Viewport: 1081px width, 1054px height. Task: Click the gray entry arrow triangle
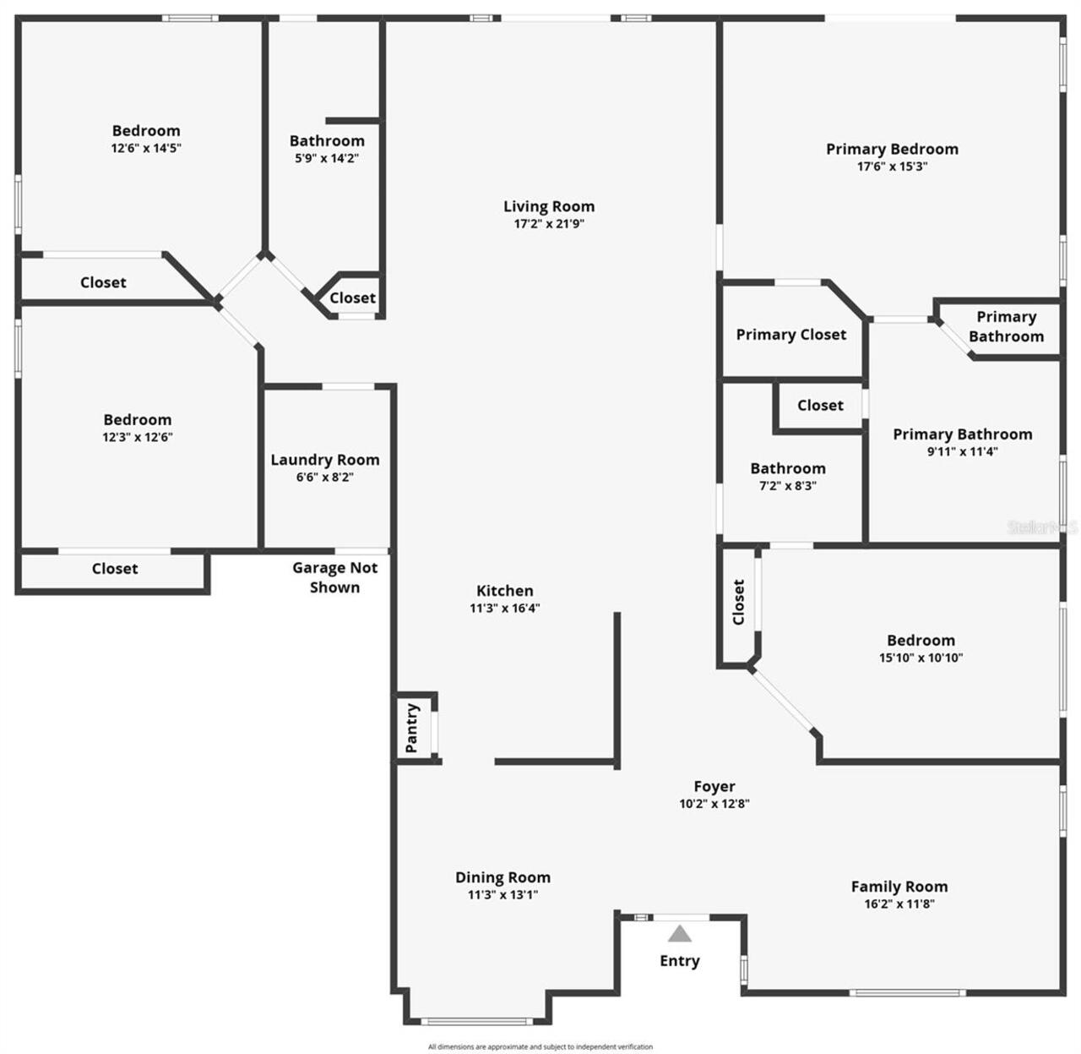click(x=680, y=934)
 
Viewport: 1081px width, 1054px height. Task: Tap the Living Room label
click(x=549, y=206)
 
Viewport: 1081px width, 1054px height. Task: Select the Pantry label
click(x=412, y=728)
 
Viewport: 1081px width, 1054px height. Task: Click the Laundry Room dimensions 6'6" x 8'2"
click(x=324, y=477)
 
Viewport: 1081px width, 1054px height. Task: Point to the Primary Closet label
click(x=790, y=335)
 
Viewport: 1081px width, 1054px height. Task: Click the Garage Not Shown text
click(x=334, y=577)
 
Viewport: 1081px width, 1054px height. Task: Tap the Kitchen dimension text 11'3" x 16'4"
click(x=505, y=608)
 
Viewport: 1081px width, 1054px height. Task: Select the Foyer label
click(x=714, y=786)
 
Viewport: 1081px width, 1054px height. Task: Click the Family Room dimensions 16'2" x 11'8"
click(x=899, y=904)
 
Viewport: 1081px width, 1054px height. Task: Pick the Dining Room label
click(x=502, y=877)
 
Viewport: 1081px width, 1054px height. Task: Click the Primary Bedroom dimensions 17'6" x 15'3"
click(x=892, y=167)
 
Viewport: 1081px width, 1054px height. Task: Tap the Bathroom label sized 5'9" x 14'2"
click(x=327, y=141)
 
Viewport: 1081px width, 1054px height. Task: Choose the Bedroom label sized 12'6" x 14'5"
click(x=146, y=130)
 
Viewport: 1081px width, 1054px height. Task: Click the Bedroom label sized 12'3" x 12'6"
click(x=138, y=419)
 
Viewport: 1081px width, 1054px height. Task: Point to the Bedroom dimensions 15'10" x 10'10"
click(x=921, y=658)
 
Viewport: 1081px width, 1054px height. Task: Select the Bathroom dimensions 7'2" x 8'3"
click(x=788, y=485)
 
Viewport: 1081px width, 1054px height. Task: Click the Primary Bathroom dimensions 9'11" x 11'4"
click(x=963, y=451)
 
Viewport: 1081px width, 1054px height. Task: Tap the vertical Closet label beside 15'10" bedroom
click(x=738, y=602)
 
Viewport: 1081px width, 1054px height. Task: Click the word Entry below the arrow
click(x=680, y=961)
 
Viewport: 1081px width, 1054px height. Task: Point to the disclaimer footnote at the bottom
click(x=540, y=1046)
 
